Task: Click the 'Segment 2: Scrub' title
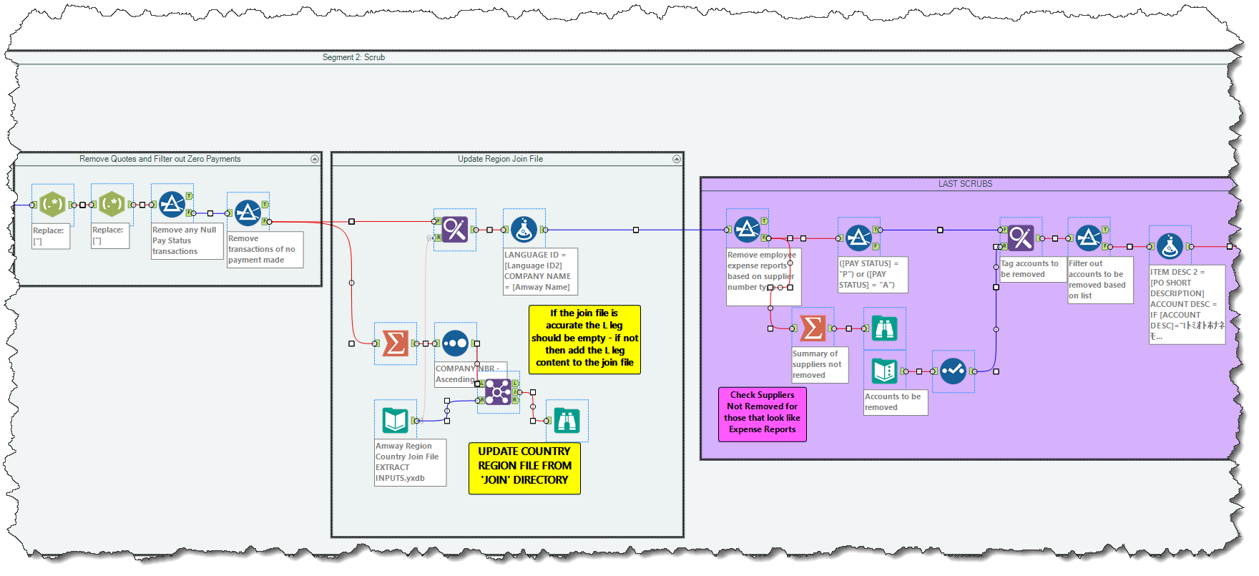point(353,57)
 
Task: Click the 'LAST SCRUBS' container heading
point(964,184)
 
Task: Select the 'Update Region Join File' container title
point(500,159)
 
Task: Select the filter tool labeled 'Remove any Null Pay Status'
point(172,205)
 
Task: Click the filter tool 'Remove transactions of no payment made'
point(248,213)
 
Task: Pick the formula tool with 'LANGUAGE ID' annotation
point(524,230)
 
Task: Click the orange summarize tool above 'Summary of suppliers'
point(813,328)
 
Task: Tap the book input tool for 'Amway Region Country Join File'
point(395,420)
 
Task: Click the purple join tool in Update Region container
point(498,391)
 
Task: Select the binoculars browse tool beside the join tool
point(567,420)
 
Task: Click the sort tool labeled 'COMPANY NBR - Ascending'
point(455,343)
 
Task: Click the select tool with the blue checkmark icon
point(953,371)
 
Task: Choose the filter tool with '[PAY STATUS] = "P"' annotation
point(858,238)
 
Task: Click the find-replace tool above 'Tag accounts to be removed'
point(1021,238)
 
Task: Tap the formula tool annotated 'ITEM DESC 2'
point(1170,246)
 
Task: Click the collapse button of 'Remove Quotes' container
point(314,159)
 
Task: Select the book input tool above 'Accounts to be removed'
point(885,371)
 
